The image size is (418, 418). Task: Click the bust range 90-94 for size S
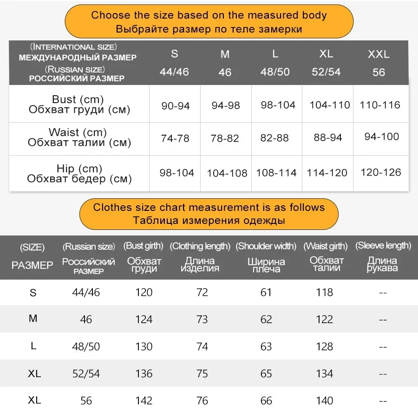[x=176, y=106]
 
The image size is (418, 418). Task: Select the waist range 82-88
[x=274, y=138]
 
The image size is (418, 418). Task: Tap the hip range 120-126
[x=380, y=172]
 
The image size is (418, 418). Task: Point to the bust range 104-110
[x=330, y=105]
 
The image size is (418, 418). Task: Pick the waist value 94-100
[x=381, y=137]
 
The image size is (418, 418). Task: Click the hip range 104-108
[x=227, y=173]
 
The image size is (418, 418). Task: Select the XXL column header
[x=379, y=54]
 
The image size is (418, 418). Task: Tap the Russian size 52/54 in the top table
[x=326, y=72]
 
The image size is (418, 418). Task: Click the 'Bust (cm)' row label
[x=78, y=99]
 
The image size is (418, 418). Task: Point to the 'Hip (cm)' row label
[x=79, y=168]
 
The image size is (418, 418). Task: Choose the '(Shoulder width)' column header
[x=266, y=246]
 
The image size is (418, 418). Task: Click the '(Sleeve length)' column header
[x=383, y=246]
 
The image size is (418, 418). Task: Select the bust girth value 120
[x=144, y=292]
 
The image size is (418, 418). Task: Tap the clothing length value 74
[x=202, y=346]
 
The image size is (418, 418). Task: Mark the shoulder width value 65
[x=266, y=373]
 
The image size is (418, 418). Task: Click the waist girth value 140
[x=324, y=400]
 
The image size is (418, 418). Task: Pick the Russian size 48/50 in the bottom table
[x=86, y=346]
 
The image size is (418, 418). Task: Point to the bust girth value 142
[x=144, y=400]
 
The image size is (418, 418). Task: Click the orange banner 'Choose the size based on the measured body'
[x=209, y=22]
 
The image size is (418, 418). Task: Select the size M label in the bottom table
[x=33, y=319]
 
